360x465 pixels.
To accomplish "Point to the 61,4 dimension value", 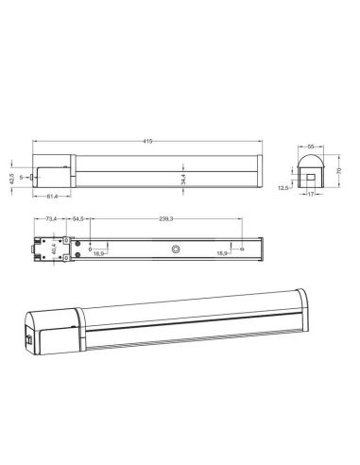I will tap(52, 197).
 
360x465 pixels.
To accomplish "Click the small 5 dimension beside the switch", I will tap(20, 176).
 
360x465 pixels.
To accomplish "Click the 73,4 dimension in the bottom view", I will tap(52, 219).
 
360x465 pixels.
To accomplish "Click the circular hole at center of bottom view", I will tap(175, 250).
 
